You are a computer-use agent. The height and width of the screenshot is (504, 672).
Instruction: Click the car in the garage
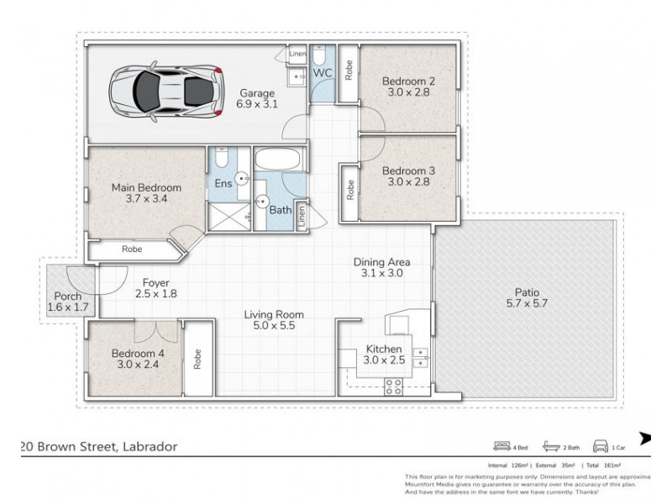166,87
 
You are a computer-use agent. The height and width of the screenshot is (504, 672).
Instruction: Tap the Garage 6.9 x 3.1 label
258,98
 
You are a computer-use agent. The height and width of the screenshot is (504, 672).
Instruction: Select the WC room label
323,74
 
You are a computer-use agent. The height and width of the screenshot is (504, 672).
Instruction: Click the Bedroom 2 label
407,87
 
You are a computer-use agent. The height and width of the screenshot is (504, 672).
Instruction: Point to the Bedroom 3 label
407,176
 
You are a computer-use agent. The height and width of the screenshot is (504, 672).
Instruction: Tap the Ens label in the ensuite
223,182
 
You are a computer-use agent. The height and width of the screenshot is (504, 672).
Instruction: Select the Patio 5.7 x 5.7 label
528,298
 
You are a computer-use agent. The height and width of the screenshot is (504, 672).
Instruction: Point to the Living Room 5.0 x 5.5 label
274,321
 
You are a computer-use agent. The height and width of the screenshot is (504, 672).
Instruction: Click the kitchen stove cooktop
392,386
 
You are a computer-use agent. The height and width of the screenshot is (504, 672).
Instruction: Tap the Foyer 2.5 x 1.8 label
156,288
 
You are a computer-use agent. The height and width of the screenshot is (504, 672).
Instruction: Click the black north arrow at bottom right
646,438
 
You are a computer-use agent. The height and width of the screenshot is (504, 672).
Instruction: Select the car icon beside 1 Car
601,446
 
